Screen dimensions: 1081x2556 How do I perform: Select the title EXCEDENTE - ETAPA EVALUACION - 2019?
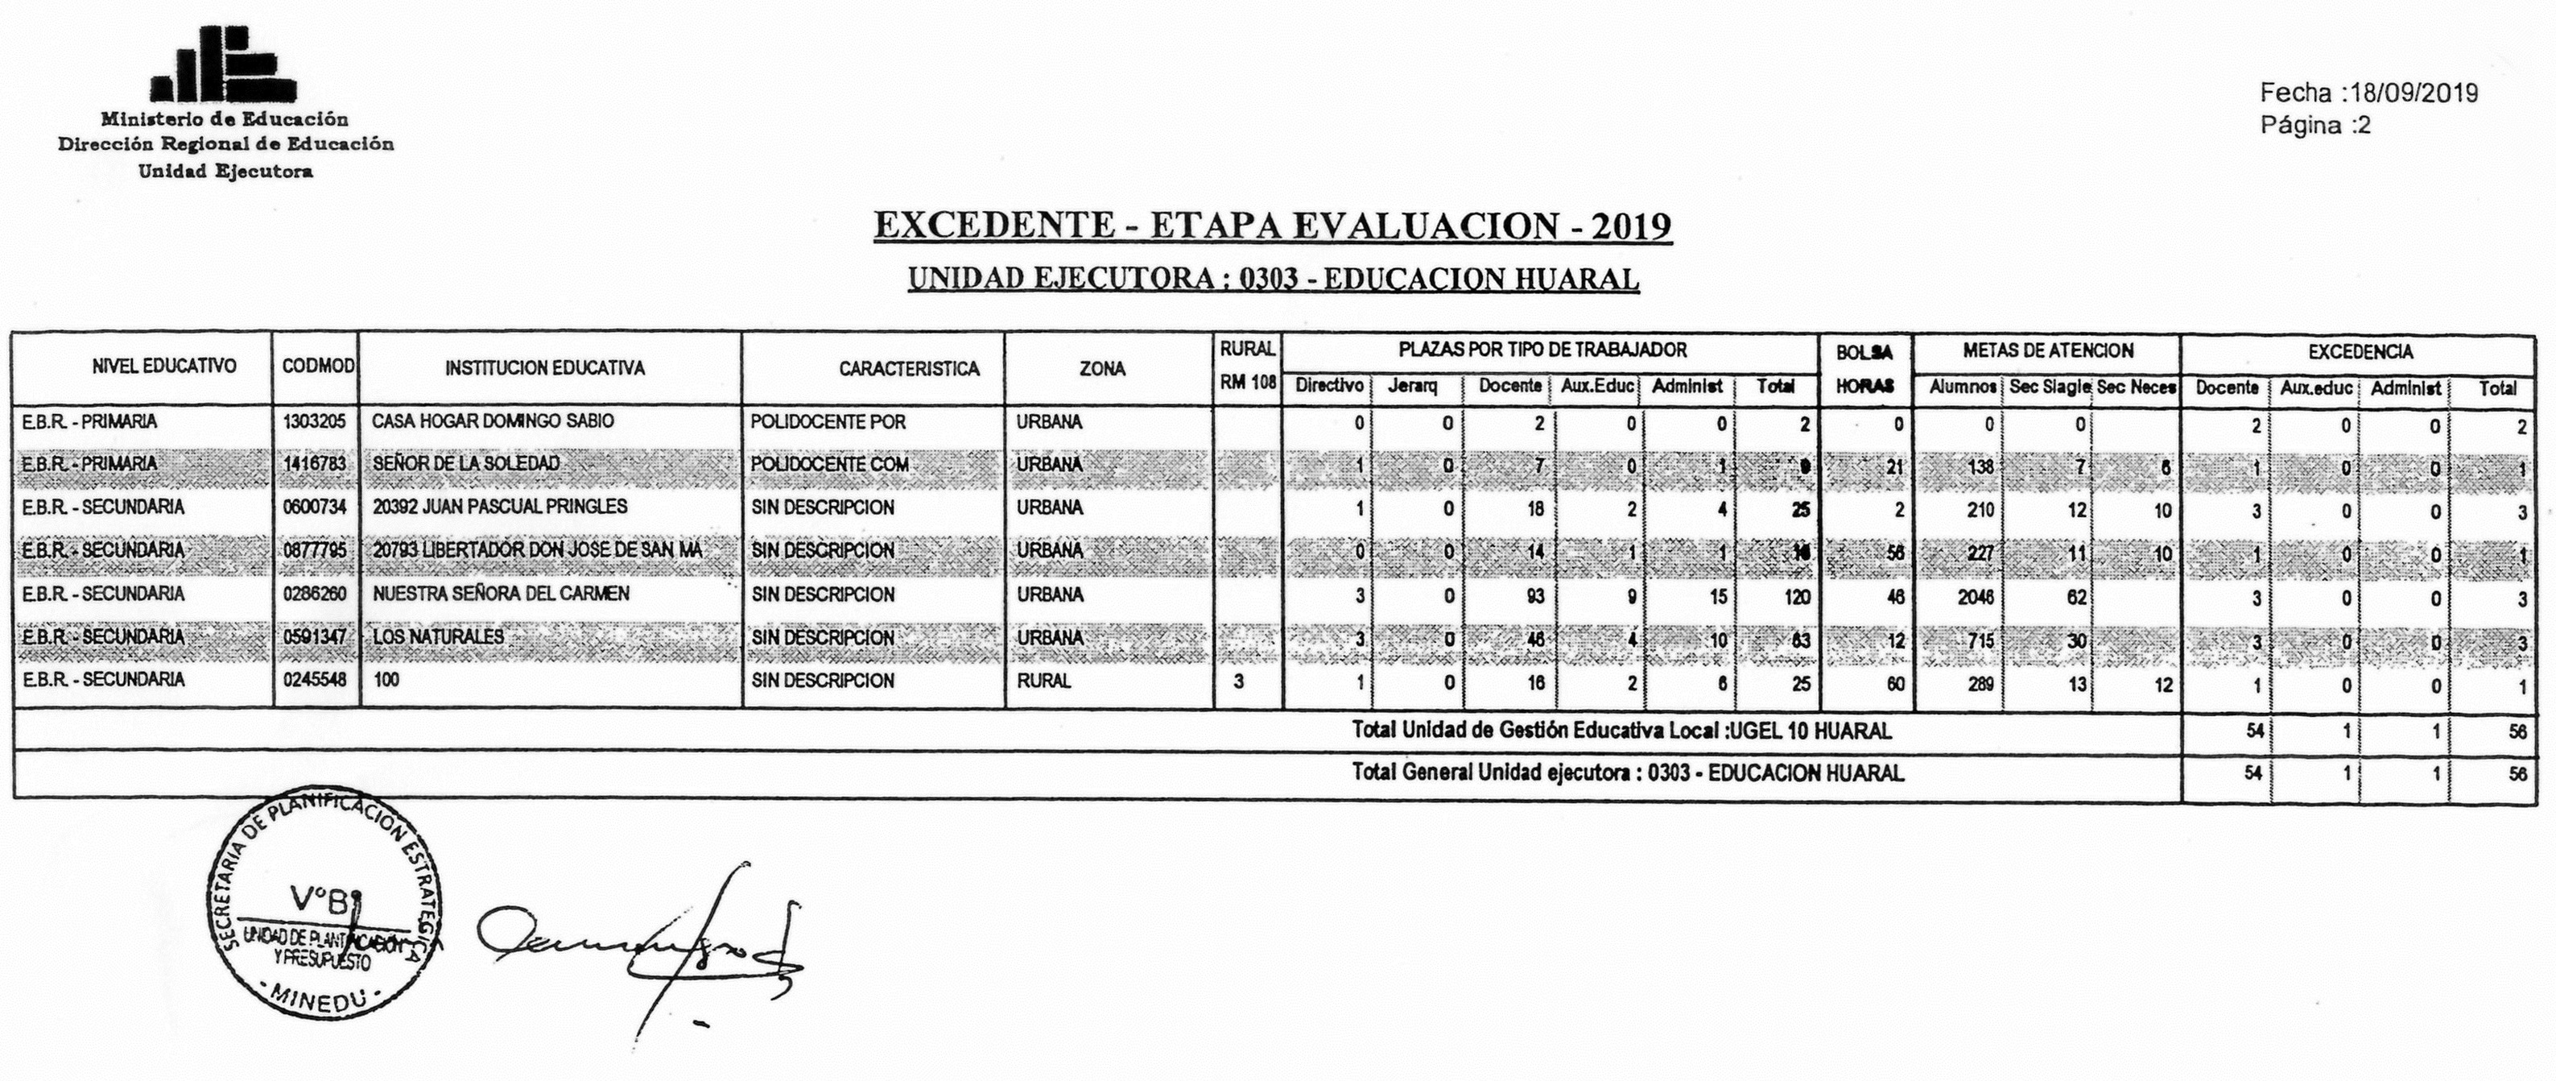pos(1272,226)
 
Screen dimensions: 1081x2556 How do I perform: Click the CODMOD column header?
pos(316,367)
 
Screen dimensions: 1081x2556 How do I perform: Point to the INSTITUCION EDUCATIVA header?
pos(545,368)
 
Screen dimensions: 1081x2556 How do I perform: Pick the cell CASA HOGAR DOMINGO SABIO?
pos(493,422)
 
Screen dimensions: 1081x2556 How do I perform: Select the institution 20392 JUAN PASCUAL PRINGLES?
pos(500,507)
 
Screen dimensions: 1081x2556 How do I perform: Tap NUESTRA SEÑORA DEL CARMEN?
pos(501,594)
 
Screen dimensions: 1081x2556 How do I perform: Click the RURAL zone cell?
pos(1044,681)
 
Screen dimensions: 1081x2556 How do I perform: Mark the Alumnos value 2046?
pos(1974,598)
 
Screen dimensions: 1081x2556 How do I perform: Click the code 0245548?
pos(315,681)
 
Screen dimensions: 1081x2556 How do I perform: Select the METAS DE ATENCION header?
pos(2047,350)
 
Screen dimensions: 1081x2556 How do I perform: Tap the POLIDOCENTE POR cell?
pos(828,422)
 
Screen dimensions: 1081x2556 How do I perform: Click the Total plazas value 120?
pos(1795,598)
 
